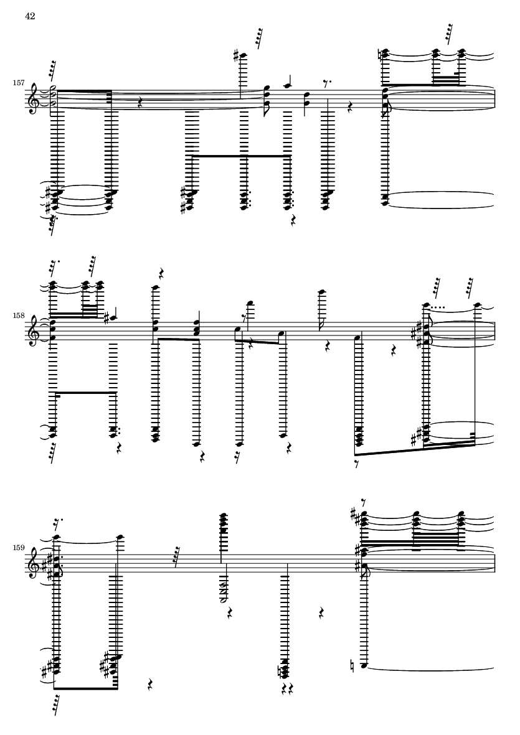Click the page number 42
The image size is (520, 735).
pyautogui.click(x=30, y=16)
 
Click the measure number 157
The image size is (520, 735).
pyautogui.click(x=19, y=83)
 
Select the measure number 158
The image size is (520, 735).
pyautogui.click(x=19, y=316)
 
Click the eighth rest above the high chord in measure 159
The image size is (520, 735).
pyautogui.click(x=364, y=502)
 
